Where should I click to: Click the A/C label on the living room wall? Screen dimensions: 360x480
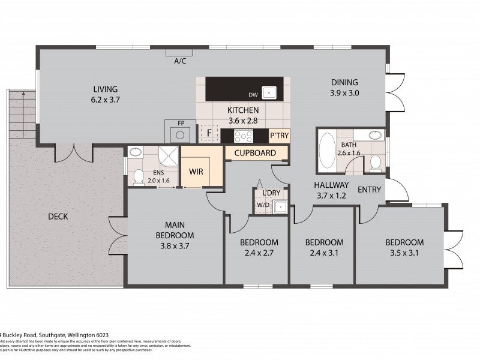coord(179,61)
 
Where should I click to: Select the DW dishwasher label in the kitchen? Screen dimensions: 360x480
coord(253,95)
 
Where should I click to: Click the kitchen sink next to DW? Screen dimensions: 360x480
coord(270,93)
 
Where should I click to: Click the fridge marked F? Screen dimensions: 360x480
coord(209,133)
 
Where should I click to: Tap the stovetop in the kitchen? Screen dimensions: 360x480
coord(244,135)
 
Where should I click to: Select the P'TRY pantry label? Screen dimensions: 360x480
coord(279,136)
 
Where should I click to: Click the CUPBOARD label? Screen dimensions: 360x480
coord(255,153)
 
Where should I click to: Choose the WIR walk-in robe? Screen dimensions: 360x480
coord(196,171)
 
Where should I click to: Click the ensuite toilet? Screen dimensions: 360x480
coord(138,176)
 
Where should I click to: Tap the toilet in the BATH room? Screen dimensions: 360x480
coord(375,162)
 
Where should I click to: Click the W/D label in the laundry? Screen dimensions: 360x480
coord(263,205)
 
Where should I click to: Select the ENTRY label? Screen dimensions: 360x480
coord(369,190)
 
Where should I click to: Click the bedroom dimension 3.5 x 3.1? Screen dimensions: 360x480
coord(404,253)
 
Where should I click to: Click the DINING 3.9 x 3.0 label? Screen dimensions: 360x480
coord(344,88)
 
